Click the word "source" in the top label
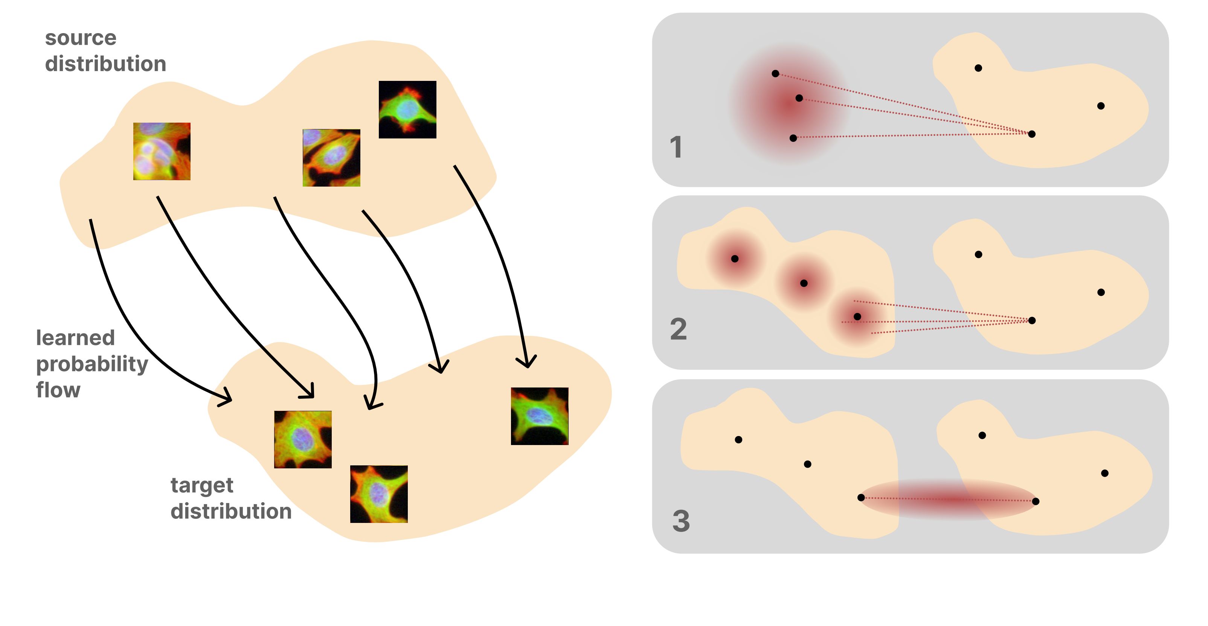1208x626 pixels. [x=81, y=38]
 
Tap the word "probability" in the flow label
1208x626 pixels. [x=92, y=364]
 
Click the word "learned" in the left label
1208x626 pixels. [x=75, y=338]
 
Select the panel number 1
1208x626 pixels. [x=676, y=147]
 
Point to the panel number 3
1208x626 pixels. [x=681, y=521]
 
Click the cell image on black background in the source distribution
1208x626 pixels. [x=407, y=109]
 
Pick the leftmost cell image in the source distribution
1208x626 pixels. [x=162, y=151]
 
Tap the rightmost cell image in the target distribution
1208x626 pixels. [x=539, y=416]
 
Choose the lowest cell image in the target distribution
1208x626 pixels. [x=379, y=494]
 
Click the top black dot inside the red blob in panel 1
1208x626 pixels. [x=775, y=74]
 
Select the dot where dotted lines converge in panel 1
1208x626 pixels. [x=1032, y=134]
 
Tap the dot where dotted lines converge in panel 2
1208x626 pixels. [x=1032, y=321]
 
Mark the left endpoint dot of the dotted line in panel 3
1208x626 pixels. [x=861, y=498]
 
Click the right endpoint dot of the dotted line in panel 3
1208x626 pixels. [x=1036, y=501]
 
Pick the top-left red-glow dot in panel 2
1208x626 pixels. [x=735, y=259]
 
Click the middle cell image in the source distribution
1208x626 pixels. [x=331, y=158]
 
